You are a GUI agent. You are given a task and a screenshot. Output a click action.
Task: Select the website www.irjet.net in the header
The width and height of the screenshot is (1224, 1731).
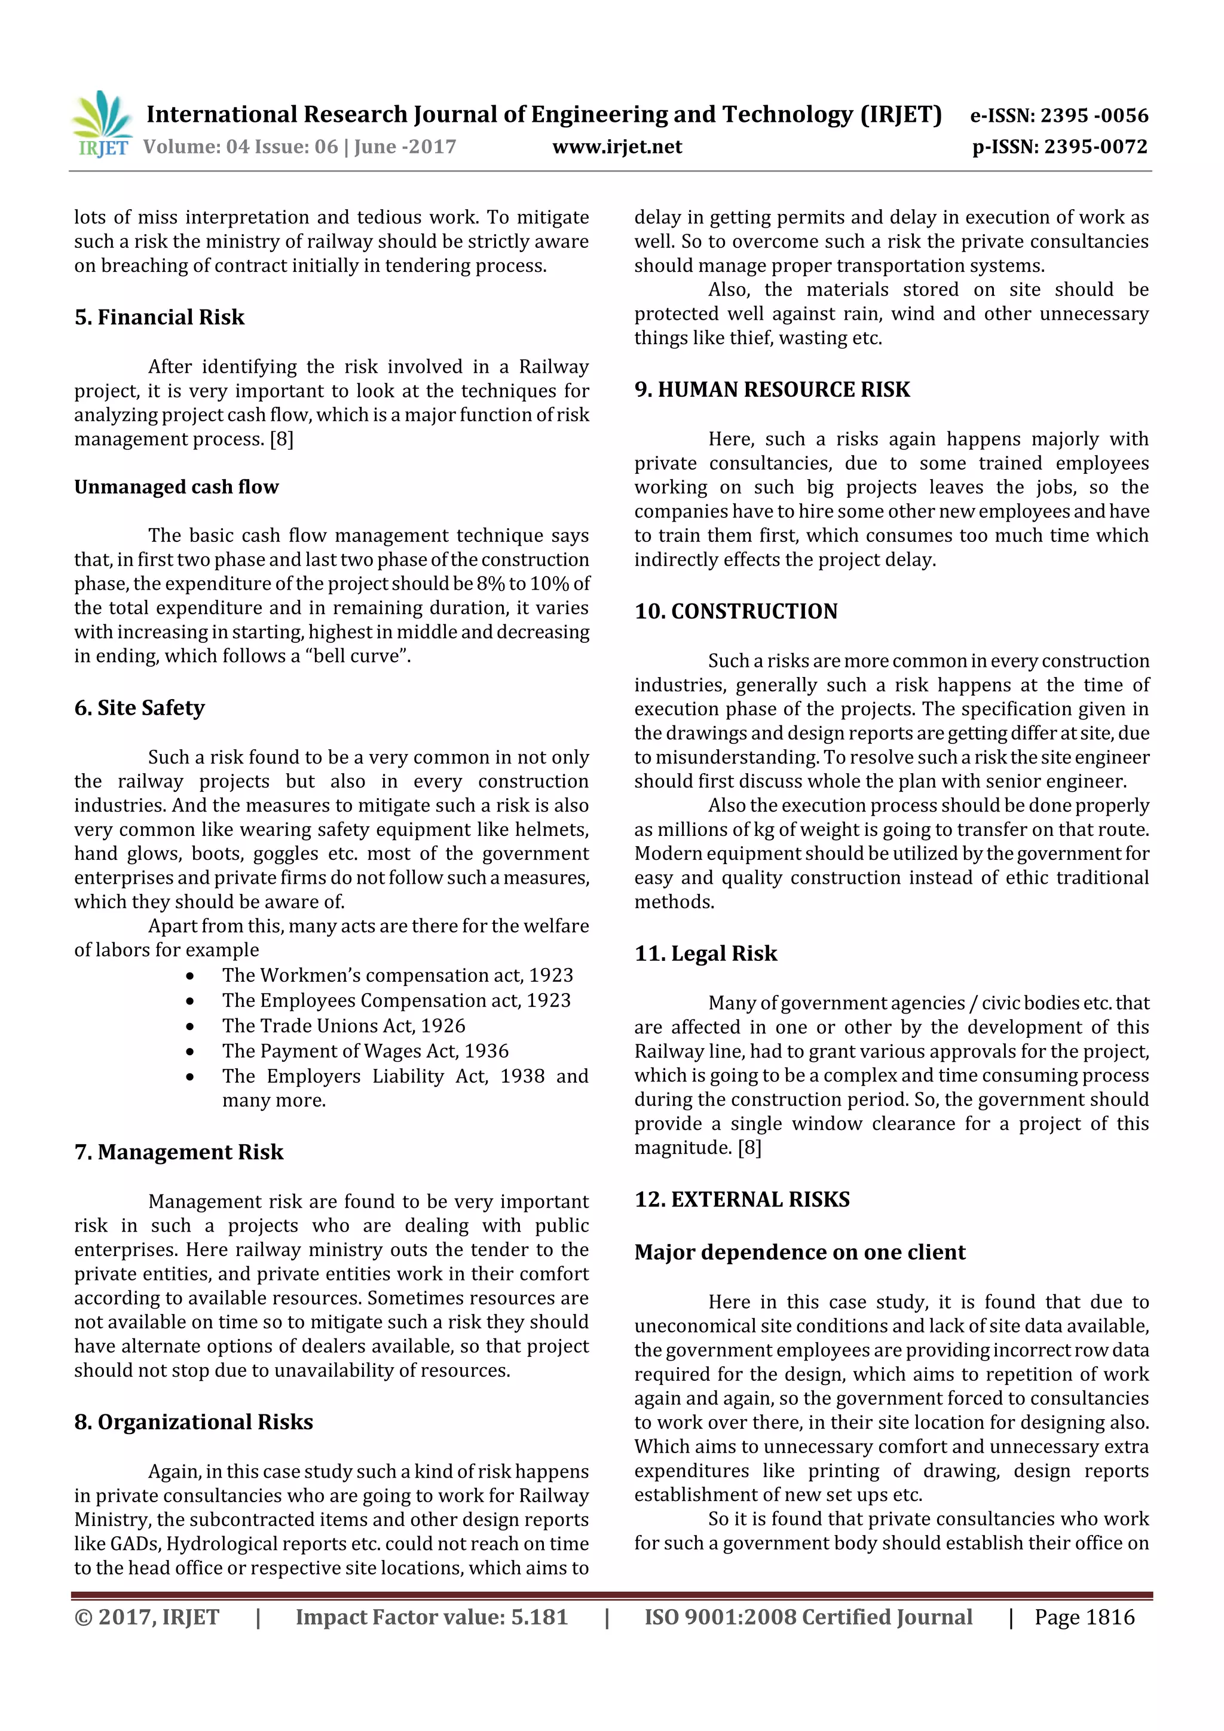[617, 147]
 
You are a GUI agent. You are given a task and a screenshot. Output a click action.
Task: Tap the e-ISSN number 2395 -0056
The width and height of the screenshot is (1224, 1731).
[1094, 115]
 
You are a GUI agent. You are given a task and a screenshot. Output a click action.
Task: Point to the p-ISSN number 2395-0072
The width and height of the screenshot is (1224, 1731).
[1096, 147]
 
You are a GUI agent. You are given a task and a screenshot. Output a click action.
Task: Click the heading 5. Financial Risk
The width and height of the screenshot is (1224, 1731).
[159, 317]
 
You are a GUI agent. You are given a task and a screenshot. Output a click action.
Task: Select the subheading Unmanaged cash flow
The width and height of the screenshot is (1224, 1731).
[176, 487]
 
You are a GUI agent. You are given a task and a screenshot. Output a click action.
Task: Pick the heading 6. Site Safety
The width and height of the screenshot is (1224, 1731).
[139, 708]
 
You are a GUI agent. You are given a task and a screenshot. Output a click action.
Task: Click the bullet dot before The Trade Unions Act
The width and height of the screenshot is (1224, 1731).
[190, 1027]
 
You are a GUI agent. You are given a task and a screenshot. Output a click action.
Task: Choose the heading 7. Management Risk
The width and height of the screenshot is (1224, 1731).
[179, 1152]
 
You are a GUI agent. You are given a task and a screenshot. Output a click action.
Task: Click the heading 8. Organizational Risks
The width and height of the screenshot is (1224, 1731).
[194, 1422]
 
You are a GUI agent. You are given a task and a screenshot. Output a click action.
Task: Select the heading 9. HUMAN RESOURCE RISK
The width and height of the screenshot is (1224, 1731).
[772, 390]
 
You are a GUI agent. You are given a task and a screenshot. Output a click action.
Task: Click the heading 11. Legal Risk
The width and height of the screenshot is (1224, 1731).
[705, 954]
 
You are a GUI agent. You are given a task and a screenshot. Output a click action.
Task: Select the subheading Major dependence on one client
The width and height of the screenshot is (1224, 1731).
[800, 1252]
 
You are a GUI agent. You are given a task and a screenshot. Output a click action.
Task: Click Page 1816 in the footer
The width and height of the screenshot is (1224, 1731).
[1084, 1617]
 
